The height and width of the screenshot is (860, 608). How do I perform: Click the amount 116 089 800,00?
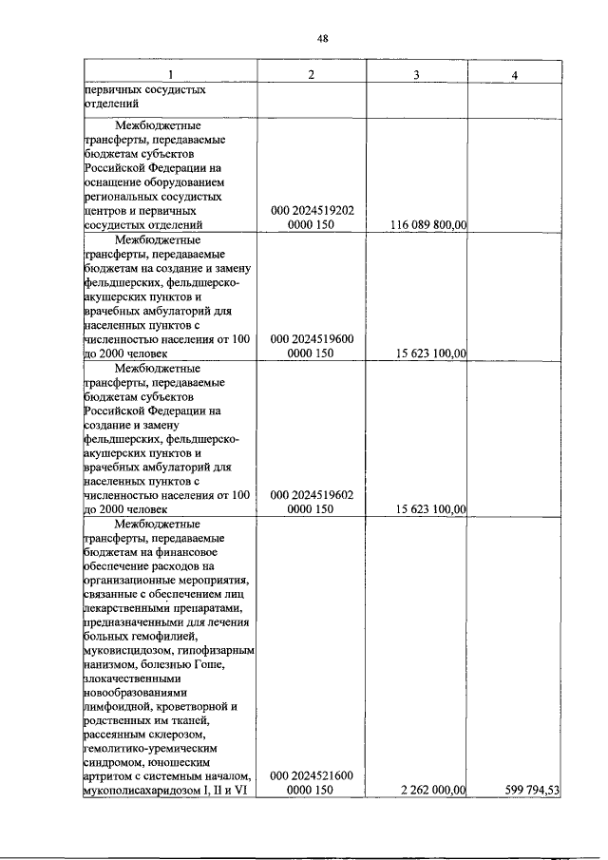click(428, 225)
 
